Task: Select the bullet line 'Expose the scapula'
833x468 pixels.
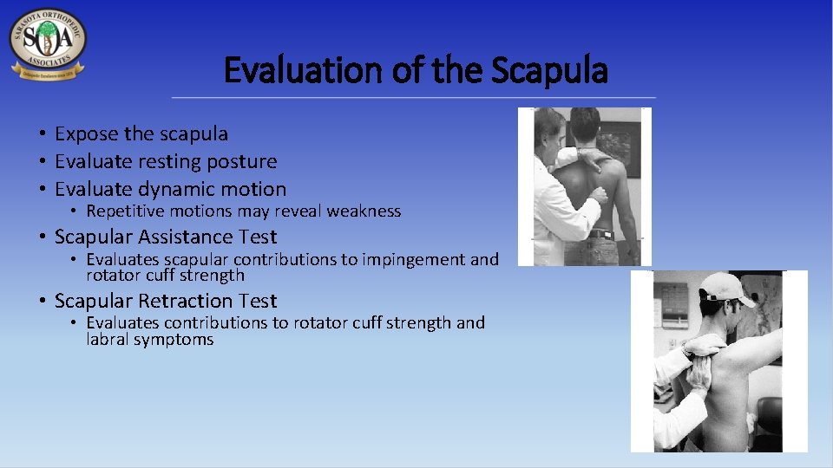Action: (141, 133)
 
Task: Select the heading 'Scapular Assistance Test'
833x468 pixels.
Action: (166, 237)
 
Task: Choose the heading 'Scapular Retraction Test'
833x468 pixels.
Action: (166, 301)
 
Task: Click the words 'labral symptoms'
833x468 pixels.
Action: (149, 339)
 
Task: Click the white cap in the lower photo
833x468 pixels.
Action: (729, 289)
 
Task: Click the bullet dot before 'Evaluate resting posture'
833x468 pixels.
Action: (41, 162)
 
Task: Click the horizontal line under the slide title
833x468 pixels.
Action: (414, 97)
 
